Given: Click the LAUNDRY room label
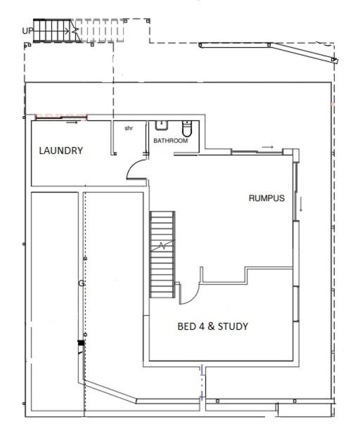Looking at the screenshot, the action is [x=61, y=151].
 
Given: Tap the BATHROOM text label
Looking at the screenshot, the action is [x=171, y=141].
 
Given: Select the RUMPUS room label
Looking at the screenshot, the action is [x=266, y=198].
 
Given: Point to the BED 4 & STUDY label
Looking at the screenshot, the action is [x=213, y=326].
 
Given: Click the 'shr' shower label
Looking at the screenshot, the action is [x=129, y=128].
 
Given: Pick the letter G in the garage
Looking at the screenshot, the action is [x=82, y=283].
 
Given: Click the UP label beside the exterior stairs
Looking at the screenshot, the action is [x=27, y=30].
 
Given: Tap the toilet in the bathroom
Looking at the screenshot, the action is [x=187, y=129].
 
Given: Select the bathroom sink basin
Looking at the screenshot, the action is [x=162, y=125].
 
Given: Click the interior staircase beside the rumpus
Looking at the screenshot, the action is [x=162, y=255].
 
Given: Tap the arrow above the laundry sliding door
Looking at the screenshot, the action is [x=72, y=122].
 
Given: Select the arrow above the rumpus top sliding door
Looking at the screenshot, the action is [x=268, y=147].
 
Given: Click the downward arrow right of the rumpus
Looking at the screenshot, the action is [x=301, y=204].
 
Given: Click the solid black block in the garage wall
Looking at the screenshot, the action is [x=81, y=343].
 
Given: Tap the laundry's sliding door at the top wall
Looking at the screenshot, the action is [x=61, y=117].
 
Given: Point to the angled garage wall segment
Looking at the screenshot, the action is [x=110, y=391].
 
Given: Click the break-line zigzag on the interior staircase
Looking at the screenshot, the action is [x=162, y=245].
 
